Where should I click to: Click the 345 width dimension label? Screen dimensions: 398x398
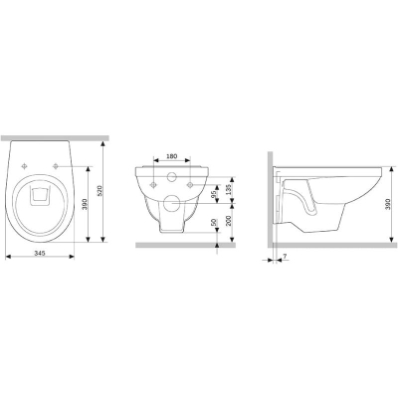40,253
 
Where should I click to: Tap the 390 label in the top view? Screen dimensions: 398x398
85,203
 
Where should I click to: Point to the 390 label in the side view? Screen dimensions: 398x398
393,204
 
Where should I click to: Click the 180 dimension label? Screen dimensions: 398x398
172,156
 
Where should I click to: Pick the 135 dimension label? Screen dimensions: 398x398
228,189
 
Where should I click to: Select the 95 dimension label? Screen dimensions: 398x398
214,192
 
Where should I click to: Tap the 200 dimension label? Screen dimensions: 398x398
228,220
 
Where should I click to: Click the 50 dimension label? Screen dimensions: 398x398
214,222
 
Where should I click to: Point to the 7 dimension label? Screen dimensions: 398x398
285,256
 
